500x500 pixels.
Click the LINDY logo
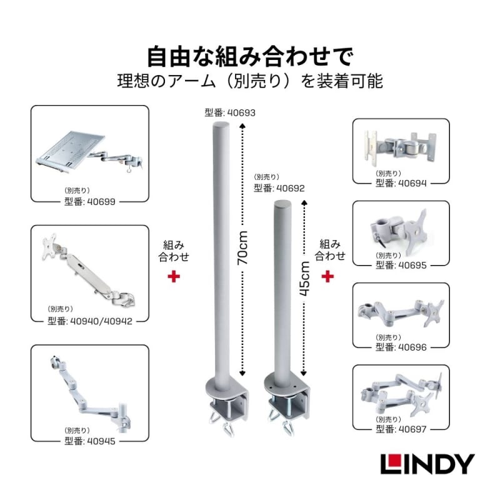point(427,464)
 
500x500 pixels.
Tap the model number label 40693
point(230,113)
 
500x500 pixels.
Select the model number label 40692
point(279,188)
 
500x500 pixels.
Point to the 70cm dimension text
point(242,247)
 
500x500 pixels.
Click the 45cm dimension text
point(305,278)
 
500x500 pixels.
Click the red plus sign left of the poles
point(174,276)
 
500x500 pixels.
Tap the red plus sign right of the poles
point(327,276)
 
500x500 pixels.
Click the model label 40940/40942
point(90,321)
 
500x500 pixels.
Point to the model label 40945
point(90,441)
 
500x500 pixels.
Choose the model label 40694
point(401,183)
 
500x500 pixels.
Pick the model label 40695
point(401,265)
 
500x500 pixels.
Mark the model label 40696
point(401,347)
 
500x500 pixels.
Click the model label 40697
point(401,429)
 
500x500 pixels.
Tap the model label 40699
point(90,201)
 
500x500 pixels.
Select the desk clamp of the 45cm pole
point(287,404)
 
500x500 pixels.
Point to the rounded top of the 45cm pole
point(282,204)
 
